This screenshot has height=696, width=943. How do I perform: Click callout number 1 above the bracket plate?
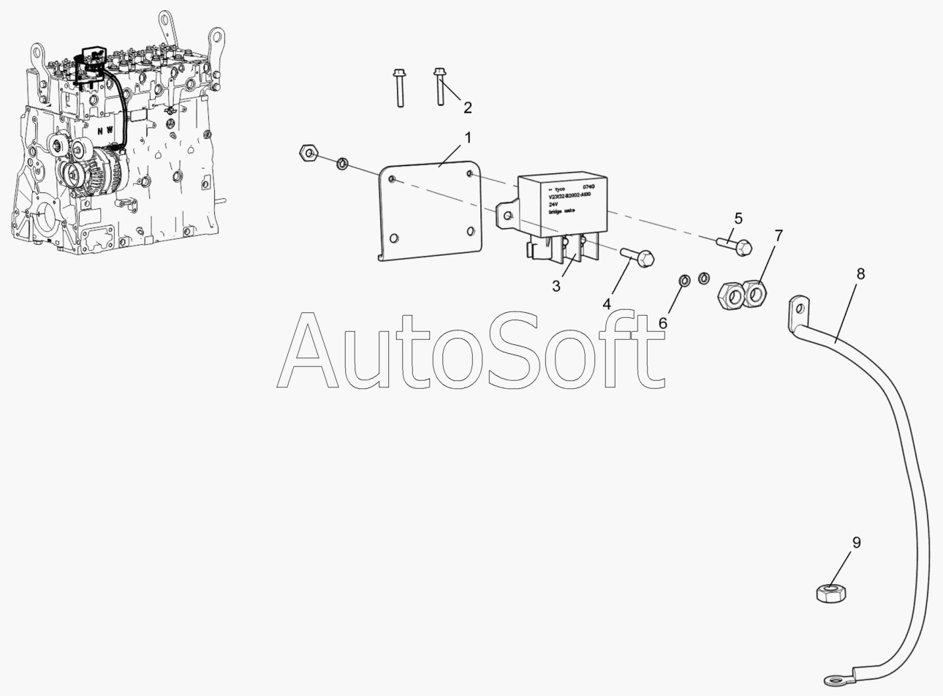tap(468, 137)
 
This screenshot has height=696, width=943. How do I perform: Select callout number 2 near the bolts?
tap(467, 108)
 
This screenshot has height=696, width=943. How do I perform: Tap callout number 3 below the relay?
tap(556, 287)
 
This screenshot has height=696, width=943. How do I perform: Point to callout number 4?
tap(607, 302)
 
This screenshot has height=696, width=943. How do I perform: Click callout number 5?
tap(738, 218)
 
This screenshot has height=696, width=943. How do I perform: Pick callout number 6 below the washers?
tap(663, 322)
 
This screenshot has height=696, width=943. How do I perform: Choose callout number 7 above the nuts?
tap(779, 235)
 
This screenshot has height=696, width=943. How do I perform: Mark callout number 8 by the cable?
tap(860, 274)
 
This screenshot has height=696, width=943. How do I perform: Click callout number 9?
tap(856, 542)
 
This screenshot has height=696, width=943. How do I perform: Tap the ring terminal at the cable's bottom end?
tap(835, 680)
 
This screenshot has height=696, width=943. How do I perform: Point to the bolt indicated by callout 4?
tap(638, 257)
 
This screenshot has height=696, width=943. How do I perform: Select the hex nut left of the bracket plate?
tap(308, 153)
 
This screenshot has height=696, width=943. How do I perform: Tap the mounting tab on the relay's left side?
tap(506, 213)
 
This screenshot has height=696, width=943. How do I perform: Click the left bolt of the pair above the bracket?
tap(399, 86)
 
